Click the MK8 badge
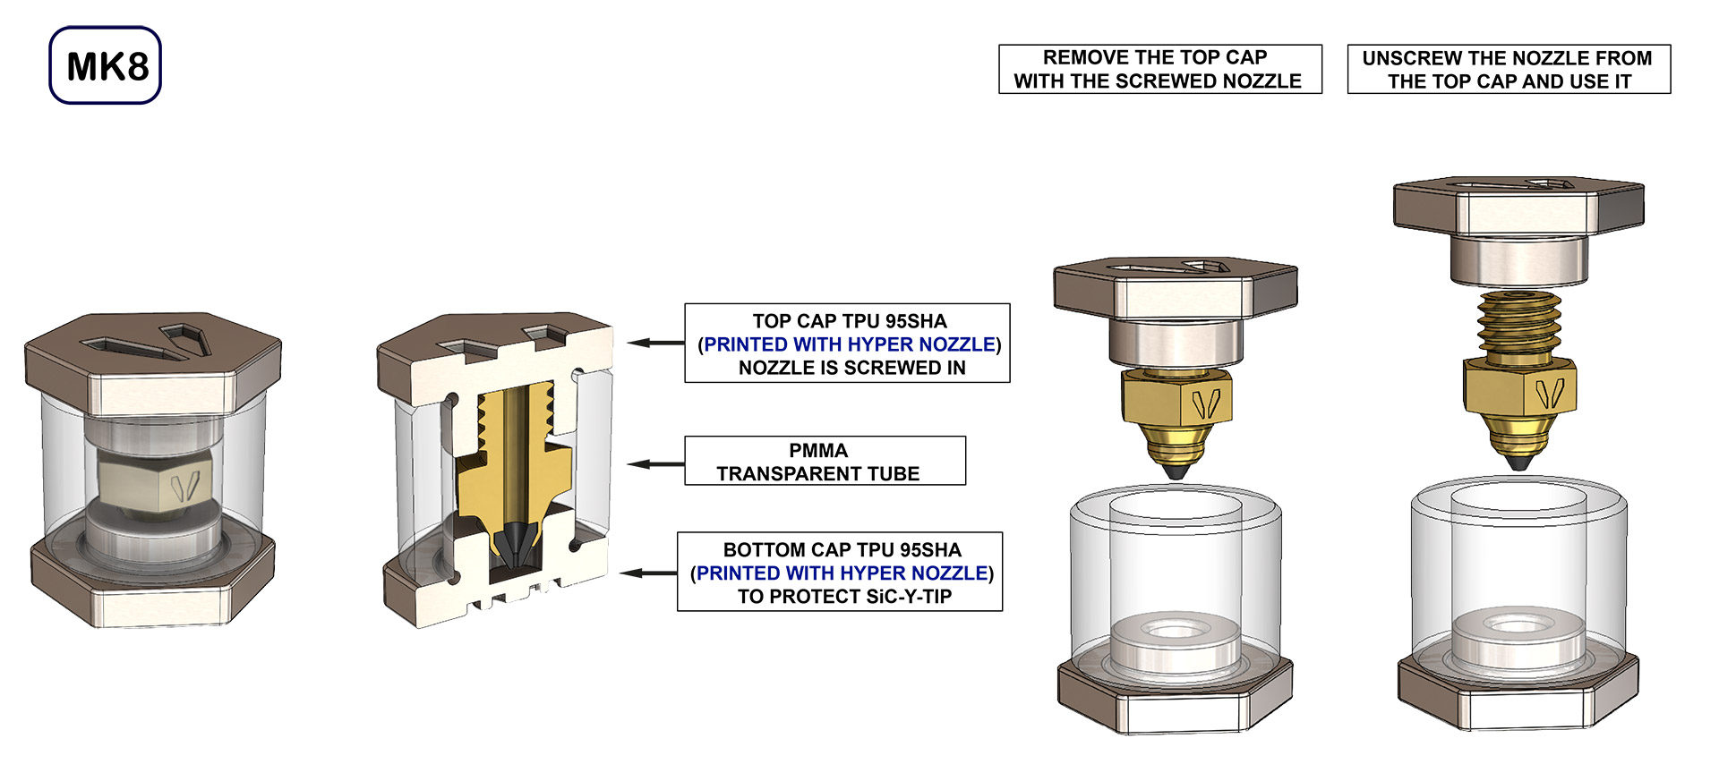pyautogui.click(x=106, y=65)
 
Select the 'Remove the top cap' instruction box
pyautogui.click(x=1159, y=69)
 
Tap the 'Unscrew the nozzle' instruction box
pyautogui.click(x=1509, y=69)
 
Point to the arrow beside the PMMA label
pyautogui.click(x=654, y=463)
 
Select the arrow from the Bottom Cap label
pyautogui.click(x=647, y=573)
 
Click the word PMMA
pyautogui.click(x=817, y=450)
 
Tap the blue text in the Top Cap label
pyautogui.click(x=849, y=344)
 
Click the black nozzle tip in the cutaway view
pyautogui.click(x=515, y=542)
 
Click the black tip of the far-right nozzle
pyautogui.click(x=1516, y=463)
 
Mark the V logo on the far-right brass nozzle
pyautogui.click(x=1549, y=392)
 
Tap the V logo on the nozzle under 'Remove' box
pyautogui.click(x=1206, y=404)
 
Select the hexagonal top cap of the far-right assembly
pyautogui.click(x=1518, y=205)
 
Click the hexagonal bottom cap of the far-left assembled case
pyautogui.click(x=152, y=586)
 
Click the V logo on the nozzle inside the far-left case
pyautogui.click(x=183, y=484)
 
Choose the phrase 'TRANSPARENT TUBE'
pyautogui.click(x=817, y=473)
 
